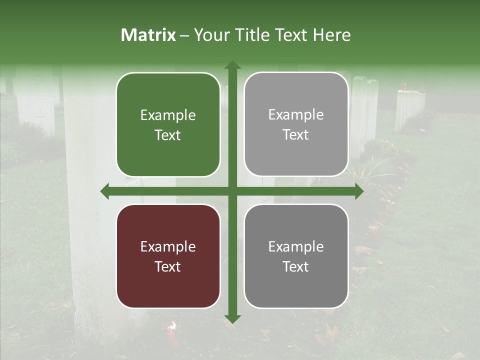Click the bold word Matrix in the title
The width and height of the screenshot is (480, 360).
(x=148, y=35)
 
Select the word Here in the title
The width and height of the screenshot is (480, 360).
(x=331, y=35)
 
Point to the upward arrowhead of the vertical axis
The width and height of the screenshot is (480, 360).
(x=232, y=65)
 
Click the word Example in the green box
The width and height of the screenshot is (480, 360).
(x=168, y=115)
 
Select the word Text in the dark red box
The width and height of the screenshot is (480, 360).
(x=168, y=267)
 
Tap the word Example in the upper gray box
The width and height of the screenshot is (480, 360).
(x=296, y=115)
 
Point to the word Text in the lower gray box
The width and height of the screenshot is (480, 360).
(x=296, y=267)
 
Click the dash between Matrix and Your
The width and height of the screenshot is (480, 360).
(x=184, y=35)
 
